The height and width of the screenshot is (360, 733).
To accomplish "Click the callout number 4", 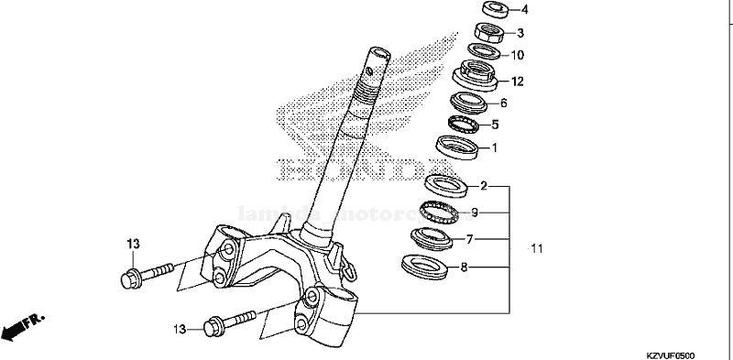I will [526, 11].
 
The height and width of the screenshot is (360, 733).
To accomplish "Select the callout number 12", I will [518, 82].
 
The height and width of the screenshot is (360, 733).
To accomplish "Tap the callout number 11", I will [537, 248].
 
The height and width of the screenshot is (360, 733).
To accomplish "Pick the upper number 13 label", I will [133, 244].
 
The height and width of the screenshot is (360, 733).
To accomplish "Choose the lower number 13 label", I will [180, 328].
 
